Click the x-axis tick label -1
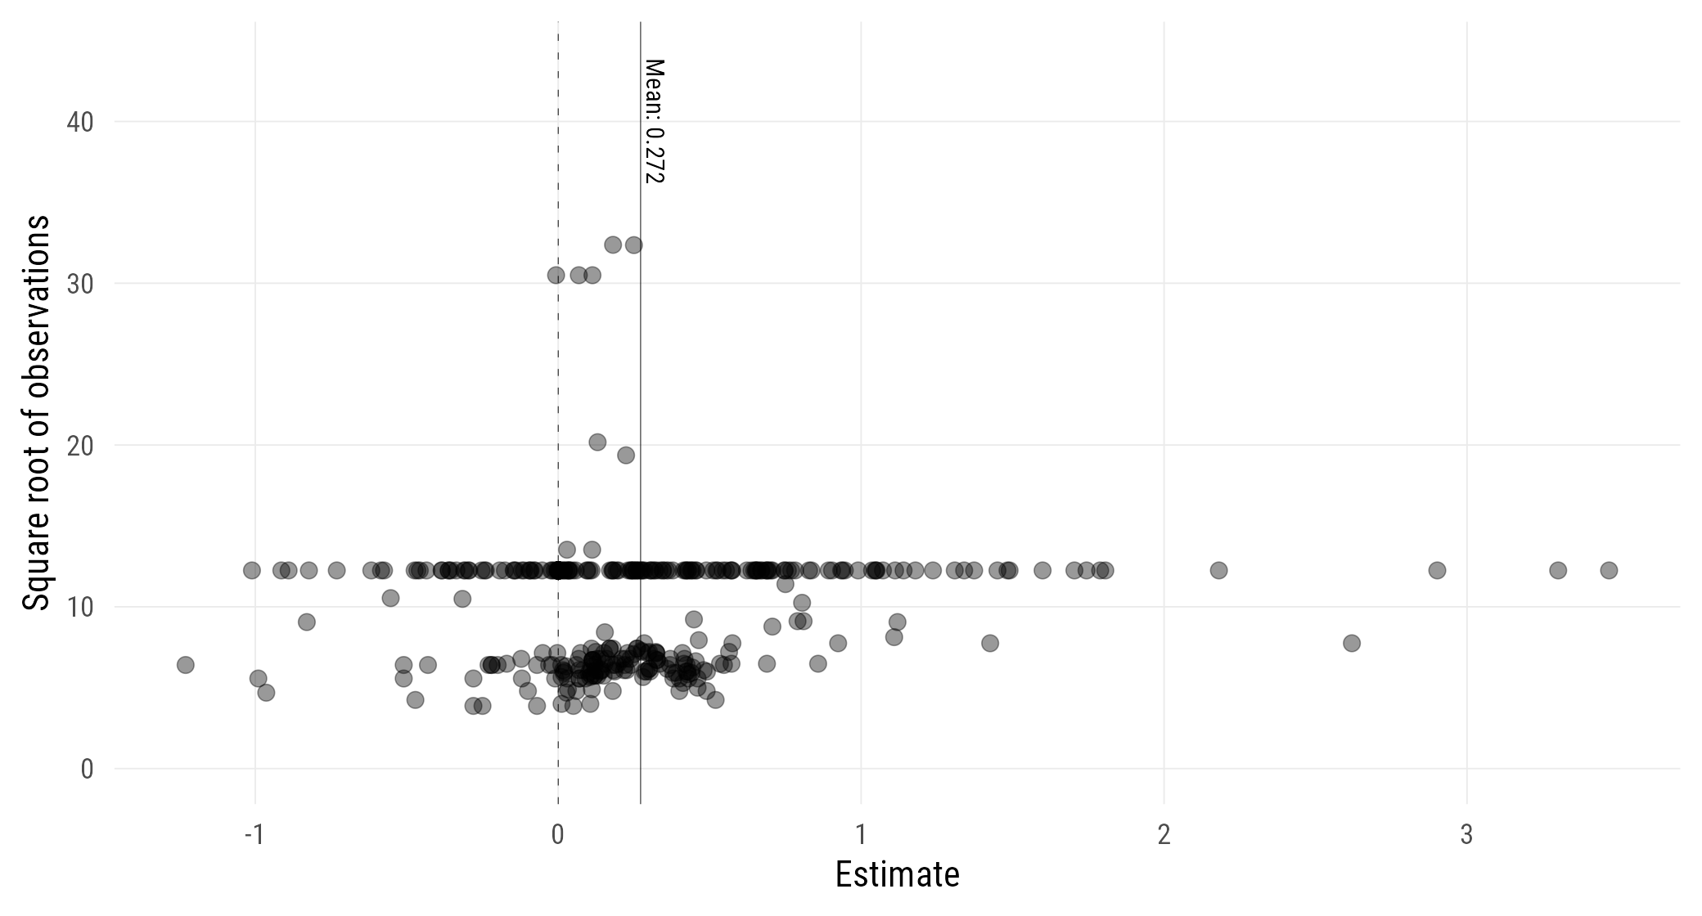coord(254,835)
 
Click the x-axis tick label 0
coord(558,835)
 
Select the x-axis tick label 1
coord(861,835)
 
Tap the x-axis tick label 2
coord(1164,835)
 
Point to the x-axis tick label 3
coord(1466,835)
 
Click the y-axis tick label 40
coord(79,123)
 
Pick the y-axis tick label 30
coord(79,284)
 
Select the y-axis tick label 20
coord(79,446)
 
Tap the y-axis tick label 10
coord(79,608)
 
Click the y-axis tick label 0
coord(87,770)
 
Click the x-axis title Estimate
coord(897,875)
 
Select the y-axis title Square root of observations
coord(37,412)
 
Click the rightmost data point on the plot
coord(1609,570)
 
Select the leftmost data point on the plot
coord(186,665)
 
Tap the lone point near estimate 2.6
coord(1352,644)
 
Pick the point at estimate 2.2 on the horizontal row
coord(1218,570)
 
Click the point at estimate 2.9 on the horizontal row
coord(1437,570)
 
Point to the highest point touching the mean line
coord(633,245)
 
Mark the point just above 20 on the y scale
coord(597,442)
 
